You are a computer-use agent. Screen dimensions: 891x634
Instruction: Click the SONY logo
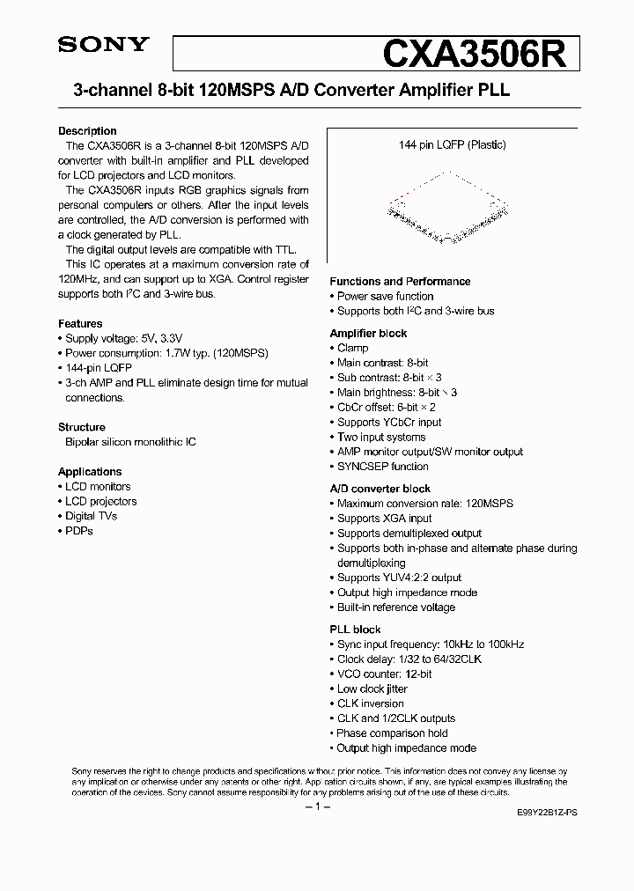(x=104, y=46)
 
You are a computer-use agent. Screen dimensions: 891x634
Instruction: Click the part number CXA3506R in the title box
(x=480, y=54)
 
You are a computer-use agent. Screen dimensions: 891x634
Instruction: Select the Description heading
(x=87, y=131)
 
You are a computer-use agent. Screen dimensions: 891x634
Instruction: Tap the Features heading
(x=80, y=324)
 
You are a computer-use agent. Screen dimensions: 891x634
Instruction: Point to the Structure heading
(x=82, y=427)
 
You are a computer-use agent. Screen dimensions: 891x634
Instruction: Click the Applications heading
(x=90, y=472)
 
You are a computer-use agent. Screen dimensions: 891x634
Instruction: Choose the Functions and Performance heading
(x=400, y=282)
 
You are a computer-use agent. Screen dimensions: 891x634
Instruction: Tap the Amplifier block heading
(x=368, y=334)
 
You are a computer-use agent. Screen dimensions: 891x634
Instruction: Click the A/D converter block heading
(x=380, y=489)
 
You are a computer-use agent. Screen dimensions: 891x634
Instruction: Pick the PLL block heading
(x=355, y=630)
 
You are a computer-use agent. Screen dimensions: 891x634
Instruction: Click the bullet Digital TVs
(x=91, y=516)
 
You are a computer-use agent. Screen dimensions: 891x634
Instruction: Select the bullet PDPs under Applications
(x=78, y=531)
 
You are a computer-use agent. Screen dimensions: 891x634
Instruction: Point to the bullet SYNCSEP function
(x=382, y=467)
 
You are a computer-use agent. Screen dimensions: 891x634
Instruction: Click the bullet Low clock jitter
(x=372, y=688)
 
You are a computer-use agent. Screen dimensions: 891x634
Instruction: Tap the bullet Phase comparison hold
(x=392, y=733)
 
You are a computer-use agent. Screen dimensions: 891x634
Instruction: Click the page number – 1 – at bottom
(x=316, y=807)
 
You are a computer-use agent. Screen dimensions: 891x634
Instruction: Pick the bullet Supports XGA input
(x=384, y=519)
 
